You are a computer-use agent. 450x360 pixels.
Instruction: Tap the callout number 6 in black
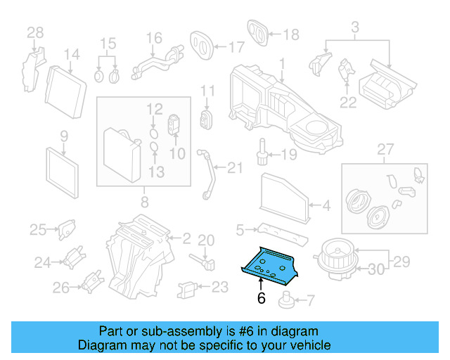coord(262,299)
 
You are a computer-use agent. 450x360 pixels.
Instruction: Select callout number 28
coord(34,32)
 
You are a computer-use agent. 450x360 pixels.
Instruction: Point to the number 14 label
coord(72,55)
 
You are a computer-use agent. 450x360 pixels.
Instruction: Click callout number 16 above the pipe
coord(154,38)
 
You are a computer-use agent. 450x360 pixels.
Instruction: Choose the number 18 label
coord(290,34)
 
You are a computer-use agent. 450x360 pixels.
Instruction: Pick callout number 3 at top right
coord(355,27)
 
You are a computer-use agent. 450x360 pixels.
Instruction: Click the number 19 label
coord(290,154)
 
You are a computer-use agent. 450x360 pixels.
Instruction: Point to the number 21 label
coord(234,167)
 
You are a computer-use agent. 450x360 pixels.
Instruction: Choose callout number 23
coord(220,287)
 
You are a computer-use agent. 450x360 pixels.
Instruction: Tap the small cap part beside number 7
coord(286,302)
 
